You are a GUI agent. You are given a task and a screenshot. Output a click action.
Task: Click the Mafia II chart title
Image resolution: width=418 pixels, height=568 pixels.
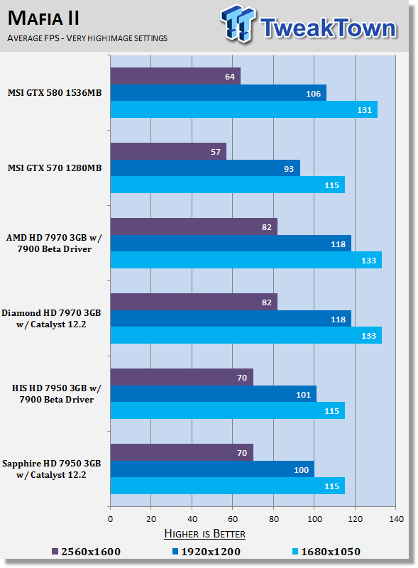(43, 18)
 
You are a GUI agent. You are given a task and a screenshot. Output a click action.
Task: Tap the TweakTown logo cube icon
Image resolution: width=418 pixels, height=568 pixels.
(238, 23)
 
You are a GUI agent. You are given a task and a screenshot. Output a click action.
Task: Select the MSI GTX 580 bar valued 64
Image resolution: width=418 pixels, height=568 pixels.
(175, 76)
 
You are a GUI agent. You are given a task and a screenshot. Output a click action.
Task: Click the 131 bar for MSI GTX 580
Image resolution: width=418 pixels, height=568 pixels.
(243, 109)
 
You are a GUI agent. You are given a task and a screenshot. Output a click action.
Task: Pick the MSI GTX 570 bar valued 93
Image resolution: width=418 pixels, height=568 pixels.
(205, 168)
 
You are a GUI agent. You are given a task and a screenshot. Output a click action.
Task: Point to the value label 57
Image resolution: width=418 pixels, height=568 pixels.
(216, 152)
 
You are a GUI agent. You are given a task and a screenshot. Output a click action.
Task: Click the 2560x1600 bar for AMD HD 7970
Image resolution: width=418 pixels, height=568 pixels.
(194, 226)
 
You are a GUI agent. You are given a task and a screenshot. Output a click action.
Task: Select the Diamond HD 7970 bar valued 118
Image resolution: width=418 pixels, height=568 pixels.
(231, 319)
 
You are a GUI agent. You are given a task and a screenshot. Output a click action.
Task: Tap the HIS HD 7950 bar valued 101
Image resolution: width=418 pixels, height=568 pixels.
(214, 394)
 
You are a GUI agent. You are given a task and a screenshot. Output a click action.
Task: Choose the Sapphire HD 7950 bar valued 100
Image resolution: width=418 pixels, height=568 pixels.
(212, 469)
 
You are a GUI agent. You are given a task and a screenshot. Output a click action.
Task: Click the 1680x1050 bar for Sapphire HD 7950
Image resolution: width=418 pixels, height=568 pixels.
(228, 486)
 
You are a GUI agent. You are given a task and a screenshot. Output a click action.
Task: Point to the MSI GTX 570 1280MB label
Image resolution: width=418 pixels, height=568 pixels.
(55, 168)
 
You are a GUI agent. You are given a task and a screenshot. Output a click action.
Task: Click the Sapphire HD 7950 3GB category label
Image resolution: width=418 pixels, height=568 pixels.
(51, 469)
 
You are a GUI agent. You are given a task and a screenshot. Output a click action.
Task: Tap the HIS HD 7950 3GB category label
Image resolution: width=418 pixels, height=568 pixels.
(57, 394)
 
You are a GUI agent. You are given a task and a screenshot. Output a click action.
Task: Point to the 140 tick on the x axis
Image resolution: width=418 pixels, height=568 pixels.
(396, 519)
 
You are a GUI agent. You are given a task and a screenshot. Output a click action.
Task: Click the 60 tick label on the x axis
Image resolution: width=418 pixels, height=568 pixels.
(233, 519)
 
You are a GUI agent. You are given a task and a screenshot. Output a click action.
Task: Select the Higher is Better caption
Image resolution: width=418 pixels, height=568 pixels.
(204, 534)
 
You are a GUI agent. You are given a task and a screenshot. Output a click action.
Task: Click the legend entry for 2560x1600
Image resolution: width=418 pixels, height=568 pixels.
(86, 552)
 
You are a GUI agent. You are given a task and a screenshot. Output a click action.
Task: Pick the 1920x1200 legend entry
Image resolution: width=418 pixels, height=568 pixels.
(206, 552)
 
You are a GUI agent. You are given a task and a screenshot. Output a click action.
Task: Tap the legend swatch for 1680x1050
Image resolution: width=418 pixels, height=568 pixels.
(295, 552)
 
